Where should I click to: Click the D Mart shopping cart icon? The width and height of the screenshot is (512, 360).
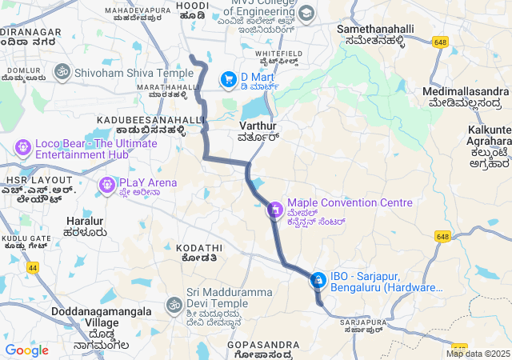228,78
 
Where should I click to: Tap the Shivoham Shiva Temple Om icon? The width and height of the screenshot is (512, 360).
61,73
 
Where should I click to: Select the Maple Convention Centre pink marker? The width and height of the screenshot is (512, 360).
274,210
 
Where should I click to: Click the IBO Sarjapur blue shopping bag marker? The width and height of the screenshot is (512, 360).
318,280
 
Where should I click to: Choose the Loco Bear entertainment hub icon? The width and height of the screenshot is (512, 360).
22,148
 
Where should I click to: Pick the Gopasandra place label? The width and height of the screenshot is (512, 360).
262,346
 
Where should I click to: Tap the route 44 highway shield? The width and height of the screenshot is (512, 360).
33,267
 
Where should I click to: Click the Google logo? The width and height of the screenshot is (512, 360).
26,350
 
